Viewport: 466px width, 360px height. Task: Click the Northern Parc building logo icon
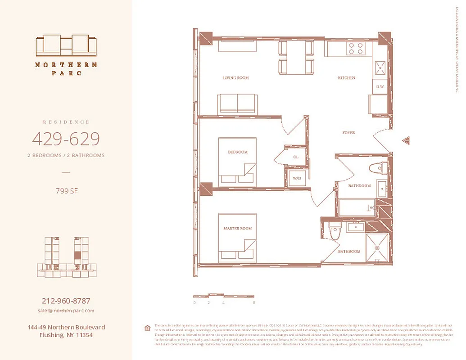coord(66,45)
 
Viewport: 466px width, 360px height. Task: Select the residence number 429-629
coord(66,139)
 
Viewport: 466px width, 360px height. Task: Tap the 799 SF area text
coord(66,191)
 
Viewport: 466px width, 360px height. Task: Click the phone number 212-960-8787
coord(66,301)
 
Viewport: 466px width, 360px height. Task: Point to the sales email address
coord(66,310)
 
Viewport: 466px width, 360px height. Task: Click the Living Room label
coord(236,78)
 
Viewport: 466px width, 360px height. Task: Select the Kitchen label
coord(346,78)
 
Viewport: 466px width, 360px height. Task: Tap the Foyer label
coord(348,133)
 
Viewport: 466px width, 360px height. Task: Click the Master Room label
coord(237,229)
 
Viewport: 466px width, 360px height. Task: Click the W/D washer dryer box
coord(297,178)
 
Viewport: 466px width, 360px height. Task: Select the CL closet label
coord(296,157)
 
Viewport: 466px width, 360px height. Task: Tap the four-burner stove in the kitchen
coord(355,48)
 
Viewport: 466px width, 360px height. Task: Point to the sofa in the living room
coord(237,104)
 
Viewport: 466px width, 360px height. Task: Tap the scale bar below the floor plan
coord(224,296)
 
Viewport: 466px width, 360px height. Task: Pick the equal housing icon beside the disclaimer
coord(147,328)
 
